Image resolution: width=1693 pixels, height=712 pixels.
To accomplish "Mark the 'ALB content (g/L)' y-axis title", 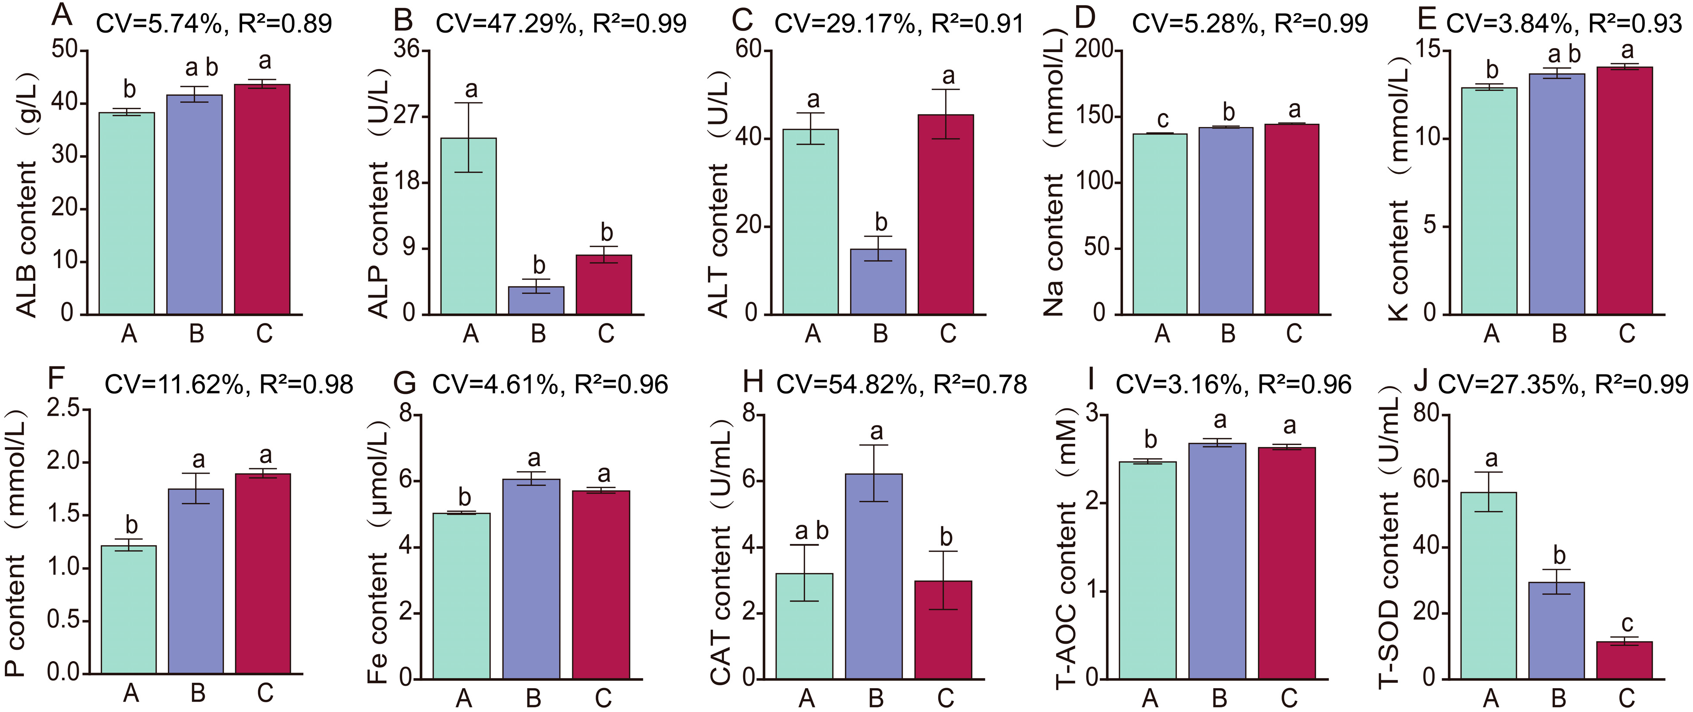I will tap(27, 197).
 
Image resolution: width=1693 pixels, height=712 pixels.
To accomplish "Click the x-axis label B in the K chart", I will tap(1559, 334).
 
